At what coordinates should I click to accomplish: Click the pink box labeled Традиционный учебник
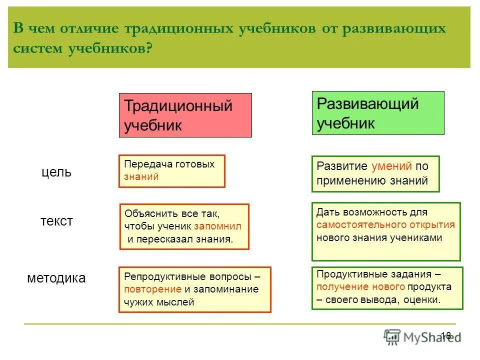185,115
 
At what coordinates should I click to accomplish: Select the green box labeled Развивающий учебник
378,113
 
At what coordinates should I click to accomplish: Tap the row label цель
56,172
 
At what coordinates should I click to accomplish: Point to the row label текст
56,221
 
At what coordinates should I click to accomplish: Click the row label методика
56,278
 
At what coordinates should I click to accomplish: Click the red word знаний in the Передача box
141,176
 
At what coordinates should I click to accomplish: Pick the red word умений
391,166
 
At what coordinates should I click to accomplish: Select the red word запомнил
217,226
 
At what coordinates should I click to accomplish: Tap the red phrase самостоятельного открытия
385,224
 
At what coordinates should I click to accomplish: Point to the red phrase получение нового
360,286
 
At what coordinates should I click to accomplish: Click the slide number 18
446,335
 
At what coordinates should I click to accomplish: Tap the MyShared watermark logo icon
392,336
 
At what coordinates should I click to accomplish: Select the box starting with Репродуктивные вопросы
194,289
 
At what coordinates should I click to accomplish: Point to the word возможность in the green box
370,212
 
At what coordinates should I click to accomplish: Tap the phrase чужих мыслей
159,301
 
